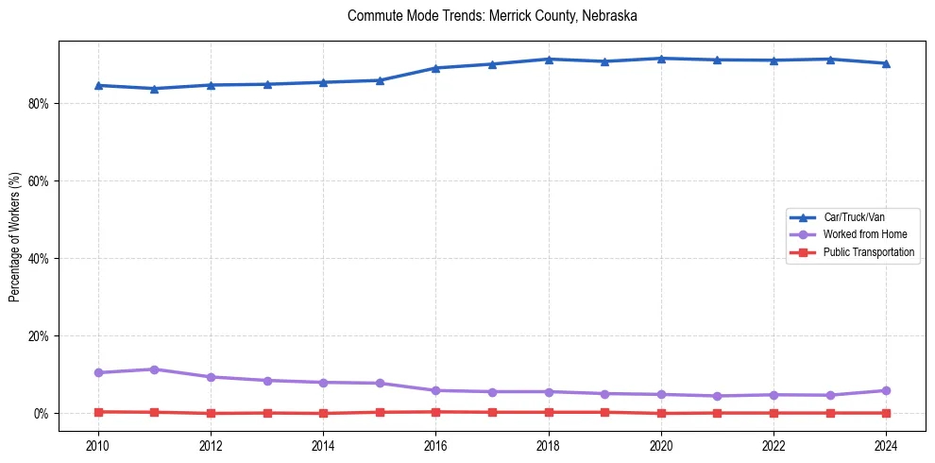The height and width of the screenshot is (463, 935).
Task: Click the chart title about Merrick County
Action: coord(492,16)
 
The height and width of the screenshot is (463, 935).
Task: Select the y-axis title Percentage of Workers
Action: coord(14,236)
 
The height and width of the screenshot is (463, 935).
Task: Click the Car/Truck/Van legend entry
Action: coord(854,217)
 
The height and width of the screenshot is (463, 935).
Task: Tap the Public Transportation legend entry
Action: coord(868,252)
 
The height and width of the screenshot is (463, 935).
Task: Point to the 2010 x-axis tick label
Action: coord(98,445)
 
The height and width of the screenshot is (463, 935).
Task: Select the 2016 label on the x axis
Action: coord(435,445)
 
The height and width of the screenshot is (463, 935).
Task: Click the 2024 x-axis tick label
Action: coord(886,445)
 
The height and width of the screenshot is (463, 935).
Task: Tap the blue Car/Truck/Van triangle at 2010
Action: coord(98,85)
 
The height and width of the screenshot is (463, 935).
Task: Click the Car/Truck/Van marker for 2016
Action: coord(435,68)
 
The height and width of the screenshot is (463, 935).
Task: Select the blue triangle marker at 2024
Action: coord(886,63)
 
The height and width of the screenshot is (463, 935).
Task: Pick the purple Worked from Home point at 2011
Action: coord(155,369)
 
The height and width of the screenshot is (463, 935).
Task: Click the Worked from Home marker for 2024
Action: coord(886,390)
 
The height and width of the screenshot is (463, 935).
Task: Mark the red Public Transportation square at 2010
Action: coord(98,412)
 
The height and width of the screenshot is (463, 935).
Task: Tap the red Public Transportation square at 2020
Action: coord(661,413)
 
